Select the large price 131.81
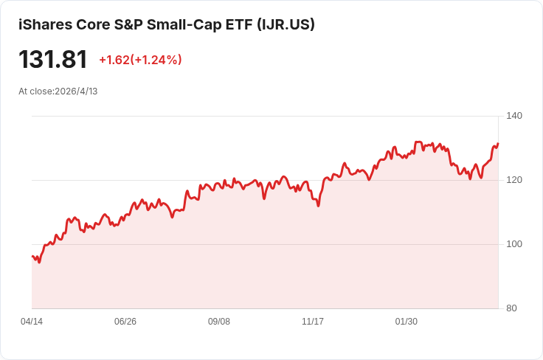point(53,60)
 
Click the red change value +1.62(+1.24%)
point(140,60)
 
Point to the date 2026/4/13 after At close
point(76,91)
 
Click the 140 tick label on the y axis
point(514,116)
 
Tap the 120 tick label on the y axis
point(514,180)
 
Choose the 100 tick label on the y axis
point(514,244)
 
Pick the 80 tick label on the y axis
point(511,308)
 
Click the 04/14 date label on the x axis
point(32,322)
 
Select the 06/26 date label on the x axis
point(125,322)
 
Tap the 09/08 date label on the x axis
point(219,322)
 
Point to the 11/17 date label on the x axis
point(313,322)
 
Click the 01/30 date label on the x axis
point(407,322)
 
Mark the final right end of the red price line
point(498,144)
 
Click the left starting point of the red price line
point(32,257)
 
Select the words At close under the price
point(35,91)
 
